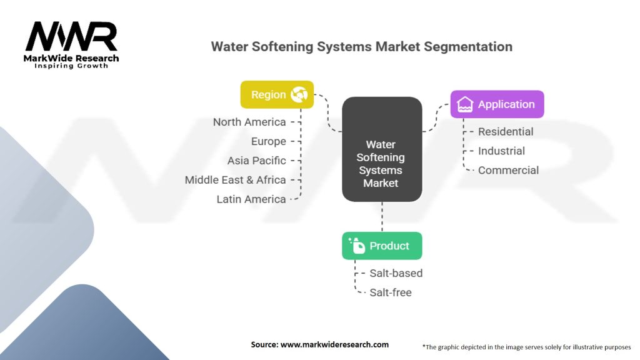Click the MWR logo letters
[71, 37]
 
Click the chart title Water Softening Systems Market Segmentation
[361, 47]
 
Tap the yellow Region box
[277, 95]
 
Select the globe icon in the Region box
[299, 95]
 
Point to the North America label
[249, 122]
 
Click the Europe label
[269, 141]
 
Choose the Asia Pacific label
[257, 161]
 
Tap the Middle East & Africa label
[236, 180]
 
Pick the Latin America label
[251, 199]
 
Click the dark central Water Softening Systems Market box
[382, 149]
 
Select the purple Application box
[497, 104]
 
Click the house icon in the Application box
[465, 104]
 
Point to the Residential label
[506, 132]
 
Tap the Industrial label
[501, 151]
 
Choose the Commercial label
[508, 170]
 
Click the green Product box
[382, 246]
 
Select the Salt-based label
[396, 273]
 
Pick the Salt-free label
[390, 292]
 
